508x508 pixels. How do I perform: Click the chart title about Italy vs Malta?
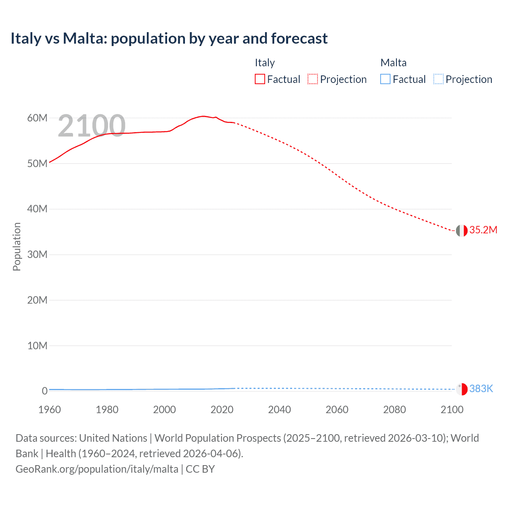[169, 38]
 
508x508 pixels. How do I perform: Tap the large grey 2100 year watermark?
[92, 126]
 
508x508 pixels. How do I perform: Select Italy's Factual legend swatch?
[260, 79]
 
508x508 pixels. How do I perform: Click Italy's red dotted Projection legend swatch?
[313, 79]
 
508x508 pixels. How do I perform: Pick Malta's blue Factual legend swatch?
[385, 79]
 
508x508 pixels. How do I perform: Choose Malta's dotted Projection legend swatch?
[439, 79]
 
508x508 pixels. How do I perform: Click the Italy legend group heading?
[265, 63]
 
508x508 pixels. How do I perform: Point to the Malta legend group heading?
[393, 63]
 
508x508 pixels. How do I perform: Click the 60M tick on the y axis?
[37, 118]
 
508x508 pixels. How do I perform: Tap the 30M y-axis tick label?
[37, 254]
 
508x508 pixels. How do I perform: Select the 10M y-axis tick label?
[37, 346]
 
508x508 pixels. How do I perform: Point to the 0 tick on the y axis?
[45, 391]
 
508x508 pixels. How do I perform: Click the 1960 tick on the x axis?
[50, 410]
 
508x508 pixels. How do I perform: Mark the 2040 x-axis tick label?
[279, 410]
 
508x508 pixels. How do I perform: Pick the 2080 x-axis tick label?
[394, 410]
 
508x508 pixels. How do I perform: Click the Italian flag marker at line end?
[462, 231]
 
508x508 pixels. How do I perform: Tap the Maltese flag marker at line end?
[462, 389]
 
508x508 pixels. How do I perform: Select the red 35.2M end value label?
[483, 230]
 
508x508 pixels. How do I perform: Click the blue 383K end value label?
[481, 389]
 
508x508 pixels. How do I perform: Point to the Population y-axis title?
[17, 246]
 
